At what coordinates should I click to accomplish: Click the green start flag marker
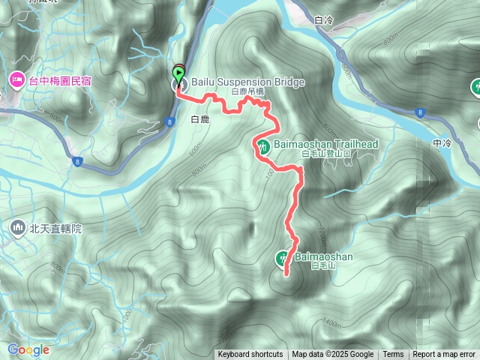coord(178,73)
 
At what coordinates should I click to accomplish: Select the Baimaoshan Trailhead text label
coord(325,143)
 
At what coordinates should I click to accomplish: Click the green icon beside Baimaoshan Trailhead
coord(263,146)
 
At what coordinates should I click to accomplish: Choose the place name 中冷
coord(442,142)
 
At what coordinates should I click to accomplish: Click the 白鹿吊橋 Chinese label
coord(247,91)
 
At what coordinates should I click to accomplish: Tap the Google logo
coord(28,349)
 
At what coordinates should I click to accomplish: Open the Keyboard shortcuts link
coord(250,355)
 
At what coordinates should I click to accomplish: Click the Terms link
coord(393,355)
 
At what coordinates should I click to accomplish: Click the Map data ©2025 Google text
coord(333,355)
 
